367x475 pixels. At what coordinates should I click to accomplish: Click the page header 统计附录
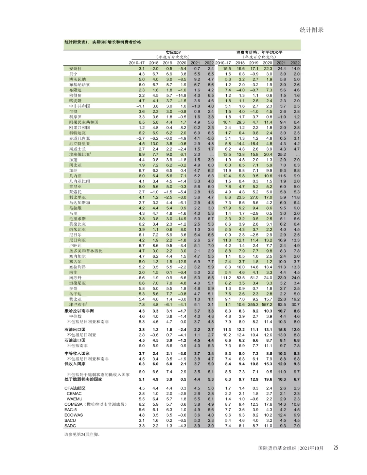pyautogui.click(x=311, y=30)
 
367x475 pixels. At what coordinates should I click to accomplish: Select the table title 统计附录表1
pyautogui.click(x=103, y=42)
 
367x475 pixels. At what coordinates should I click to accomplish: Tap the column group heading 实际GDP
pyautogui.click(x=173, y=52)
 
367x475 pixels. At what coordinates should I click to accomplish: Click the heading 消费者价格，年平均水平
pyautogui.click(x=259, y=52)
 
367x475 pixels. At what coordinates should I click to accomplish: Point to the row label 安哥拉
pyautogui.click(x=75, y=69)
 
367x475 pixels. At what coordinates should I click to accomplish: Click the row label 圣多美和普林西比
pyautogui.click(x=86, y=251)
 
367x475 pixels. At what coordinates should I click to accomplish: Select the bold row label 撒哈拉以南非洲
pyautogui.click(x=79, y=311)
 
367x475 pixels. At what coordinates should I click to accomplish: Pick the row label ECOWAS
pyautogui.click(x=73, y=415)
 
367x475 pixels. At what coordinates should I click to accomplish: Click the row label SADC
pyautogui.click(x=70, y=426)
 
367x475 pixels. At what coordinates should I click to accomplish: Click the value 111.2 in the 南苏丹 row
pyautogui.click(x=226, y=278)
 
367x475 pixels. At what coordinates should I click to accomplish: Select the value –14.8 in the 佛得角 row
pyautogui.click(x=181, y=95)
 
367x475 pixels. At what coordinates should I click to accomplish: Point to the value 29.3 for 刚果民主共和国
pyautogui.click(x=241, y=122)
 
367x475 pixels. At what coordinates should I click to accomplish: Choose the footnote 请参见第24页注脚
pyautogui.click(x=82, y=434)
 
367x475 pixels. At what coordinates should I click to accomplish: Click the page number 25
pyautogui.click(x=336, y=448)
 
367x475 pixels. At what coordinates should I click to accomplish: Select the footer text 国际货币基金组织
pyautogui.click(x=277, y=448)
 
